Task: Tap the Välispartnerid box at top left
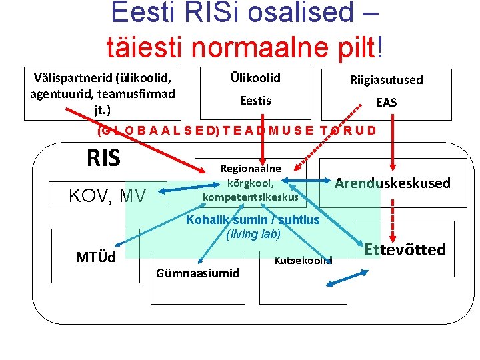(103, 93)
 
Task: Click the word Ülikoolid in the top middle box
(255, 78)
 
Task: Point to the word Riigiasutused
(386, 80)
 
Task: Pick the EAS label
(386, 102)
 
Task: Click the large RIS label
(103, 158)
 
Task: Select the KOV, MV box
(108, 195)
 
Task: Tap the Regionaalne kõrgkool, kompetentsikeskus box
(250, 183)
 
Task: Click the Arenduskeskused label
(392, 183)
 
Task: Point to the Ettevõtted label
(405, 250)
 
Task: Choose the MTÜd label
(95, 257)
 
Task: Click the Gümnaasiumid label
(197, 273)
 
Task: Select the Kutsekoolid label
(303, 260)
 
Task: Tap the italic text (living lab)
(253, 234)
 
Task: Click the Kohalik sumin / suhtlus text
(253, 220)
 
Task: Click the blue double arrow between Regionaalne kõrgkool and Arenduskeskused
(311, 181)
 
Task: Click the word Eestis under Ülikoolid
(255, 101)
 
